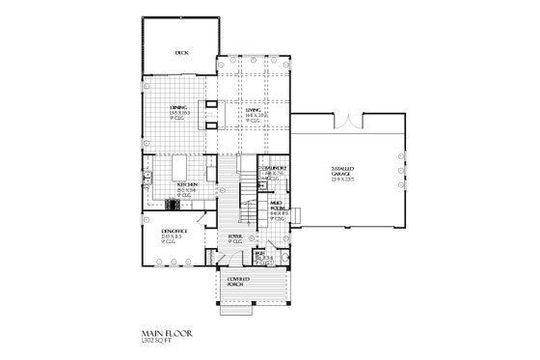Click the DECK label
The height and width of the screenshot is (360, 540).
click(180, 54)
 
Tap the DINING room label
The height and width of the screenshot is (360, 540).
click(178, 108)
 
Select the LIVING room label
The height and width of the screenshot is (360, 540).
click(253, 110)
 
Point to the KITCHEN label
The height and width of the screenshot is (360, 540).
click(187, 183)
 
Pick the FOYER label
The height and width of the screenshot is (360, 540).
click(233, 235)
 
